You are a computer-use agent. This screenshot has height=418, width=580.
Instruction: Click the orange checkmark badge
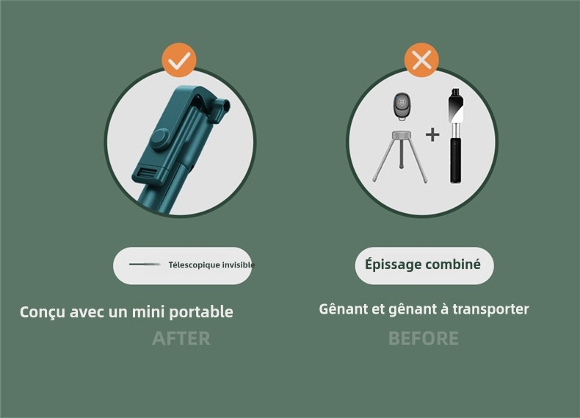coord(179,61)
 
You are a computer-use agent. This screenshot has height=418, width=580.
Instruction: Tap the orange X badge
coord(421,61)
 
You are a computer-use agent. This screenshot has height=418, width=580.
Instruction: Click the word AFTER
coord(181,339)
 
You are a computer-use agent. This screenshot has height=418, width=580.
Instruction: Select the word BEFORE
coord(423,339)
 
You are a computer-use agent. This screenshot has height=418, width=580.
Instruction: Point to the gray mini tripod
coord(400,155)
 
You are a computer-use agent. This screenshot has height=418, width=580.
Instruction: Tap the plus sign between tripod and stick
coord(432,134)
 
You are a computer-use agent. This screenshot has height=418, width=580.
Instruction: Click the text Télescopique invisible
coord(211,265)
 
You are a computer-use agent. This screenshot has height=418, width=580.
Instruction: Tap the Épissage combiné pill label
coord(424,265)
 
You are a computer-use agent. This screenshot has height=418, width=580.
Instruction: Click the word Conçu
coord(43,312)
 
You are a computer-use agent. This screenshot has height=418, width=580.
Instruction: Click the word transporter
coord(490,309)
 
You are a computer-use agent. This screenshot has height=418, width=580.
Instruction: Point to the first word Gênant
coord(344,309)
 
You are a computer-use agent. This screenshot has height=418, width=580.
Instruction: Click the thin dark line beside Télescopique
coord(145,264)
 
